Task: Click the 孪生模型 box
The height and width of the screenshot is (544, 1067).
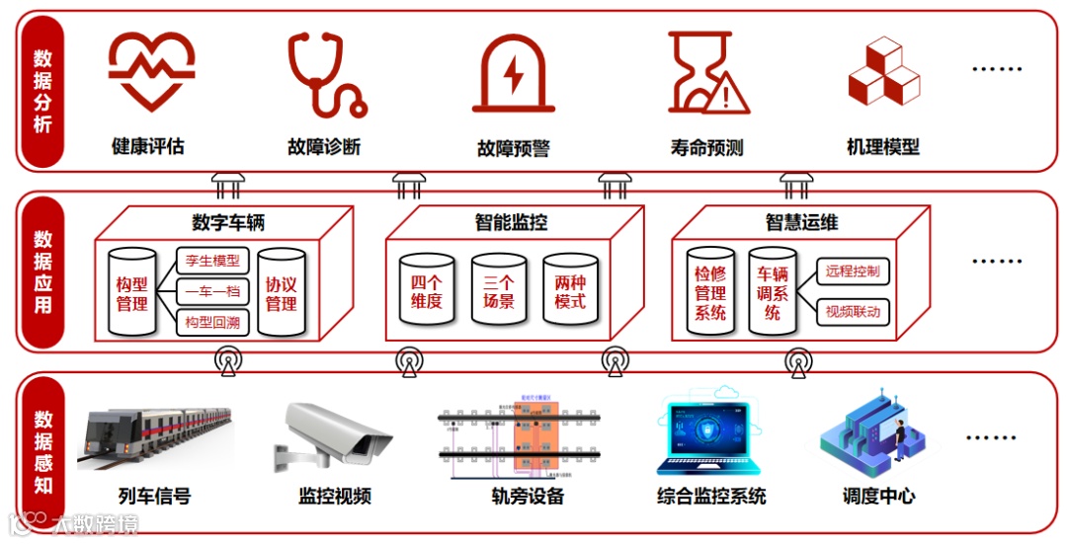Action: click(x=212, y=262)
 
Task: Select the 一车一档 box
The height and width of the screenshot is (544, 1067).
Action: click(x=212, y=292)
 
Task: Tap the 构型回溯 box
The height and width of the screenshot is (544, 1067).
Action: click(x=212, y=323)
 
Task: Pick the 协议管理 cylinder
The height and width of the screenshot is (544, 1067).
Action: click(x=281, y=293)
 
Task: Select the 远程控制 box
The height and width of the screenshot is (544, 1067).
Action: click(x=853, y=272)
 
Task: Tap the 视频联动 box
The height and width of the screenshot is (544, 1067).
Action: click(x=853, y=313)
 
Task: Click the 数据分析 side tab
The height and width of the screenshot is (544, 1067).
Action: click(x=42, y=91)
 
